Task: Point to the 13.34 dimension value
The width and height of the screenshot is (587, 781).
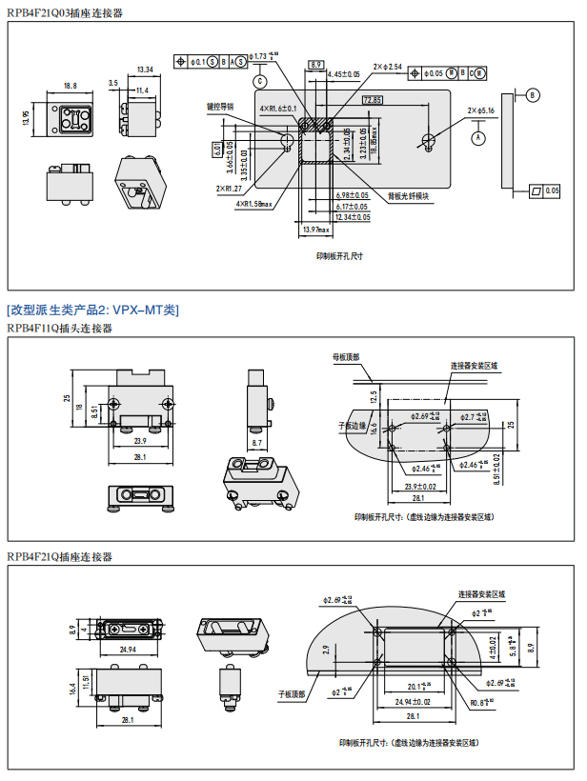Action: click(x=145, y=70)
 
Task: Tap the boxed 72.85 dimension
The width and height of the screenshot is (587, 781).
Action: click(x=372, y=100)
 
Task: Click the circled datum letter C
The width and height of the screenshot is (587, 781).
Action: click(x=260, y=80)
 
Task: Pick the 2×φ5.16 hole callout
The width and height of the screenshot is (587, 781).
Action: click(x=481, y=110)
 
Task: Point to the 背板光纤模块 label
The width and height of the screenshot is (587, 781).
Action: click(x=408, y=196)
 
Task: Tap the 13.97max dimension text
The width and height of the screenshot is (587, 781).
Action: click(x=314, y=230)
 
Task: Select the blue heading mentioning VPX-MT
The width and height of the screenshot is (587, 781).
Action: click(x=92, y=310)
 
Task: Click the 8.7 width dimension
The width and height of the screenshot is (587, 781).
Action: click(x=257, y=444)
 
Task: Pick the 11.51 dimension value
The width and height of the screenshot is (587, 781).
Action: click(x=86, y=684)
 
